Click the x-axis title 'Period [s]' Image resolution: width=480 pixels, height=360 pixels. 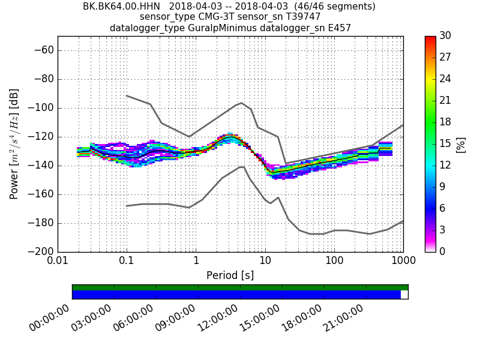230,275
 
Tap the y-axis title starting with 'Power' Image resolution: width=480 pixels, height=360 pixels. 14,144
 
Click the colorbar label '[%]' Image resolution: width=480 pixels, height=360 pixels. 461,144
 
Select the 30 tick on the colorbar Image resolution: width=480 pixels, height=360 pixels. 445,36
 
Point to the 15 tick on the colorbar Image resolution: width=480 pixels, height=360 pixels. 445,144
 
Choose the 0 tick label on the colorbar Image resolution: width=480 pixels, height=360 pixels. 443,251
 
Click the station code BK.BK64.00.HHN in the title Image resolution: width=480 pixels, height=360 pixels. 118,7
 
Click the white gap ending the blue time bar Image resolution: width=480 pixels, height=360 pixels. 404,295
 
